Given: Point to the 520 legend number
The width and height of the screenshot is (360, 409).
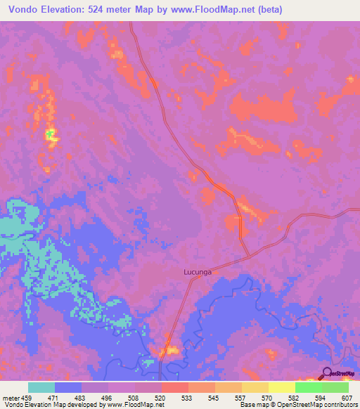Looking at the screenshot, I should [162, 397].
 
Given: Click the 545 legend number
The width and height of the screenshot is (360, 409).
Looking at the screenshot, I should [215, 397].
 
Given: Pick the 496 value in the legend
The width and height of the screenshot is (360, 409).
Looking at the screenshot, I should [108, 397].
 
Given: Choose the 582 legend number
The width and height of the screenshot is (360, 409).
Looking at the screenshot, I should [295, 397].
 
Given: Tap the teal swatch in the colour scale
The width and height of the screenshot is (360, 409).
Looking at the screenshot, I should [41, 387].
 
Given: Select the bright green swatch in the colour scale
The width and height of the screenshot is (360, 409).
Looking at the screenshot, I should [308, 387].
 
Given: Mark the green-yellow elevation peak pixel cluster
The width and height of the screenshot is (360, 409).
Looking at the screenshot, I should [51, 133].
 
